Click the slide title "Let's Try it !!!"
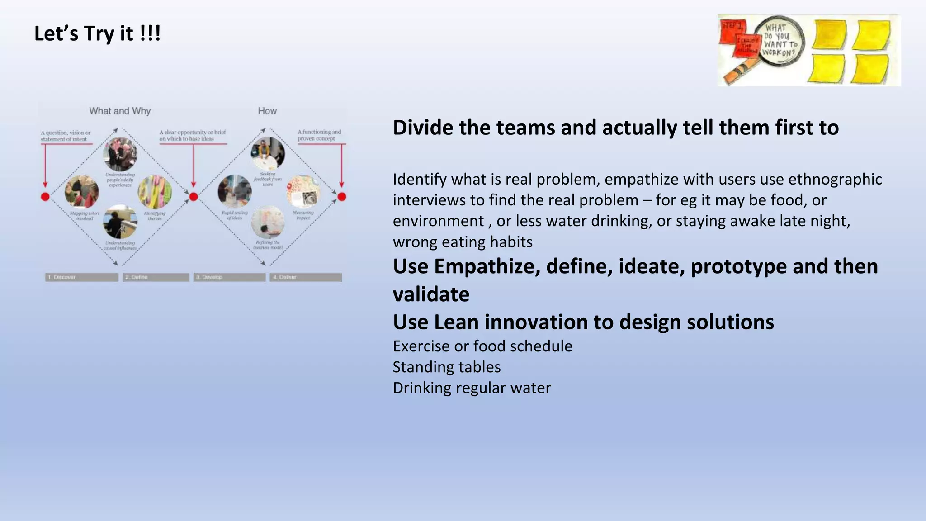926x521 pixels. point(97,34)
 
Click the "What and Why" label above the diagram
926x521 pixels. point(120,111)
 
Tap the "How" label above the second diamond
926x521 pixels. point(267,111)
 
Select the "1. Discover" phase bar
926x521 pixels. point(81,277)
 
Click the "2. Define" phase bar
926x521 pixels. point(156,277)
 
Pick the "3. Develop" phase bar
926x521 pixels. point(229,277)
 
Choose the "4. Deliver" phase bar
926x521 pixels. point(306,277)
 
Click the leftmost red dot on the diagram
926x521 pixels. point(45,197)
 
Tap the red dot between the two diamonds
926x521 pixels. point(194,197)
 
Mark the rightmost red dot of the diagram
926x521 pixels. point(342,197)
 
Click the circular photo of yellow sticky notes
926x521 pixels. point(155,192)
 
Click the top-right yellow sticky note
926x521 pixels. point(872,34)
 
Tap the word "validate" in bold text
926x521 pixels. point(431,294)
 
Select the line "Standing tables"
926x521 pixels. point(446,367)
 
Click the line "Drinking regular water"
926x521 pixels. point(472,388)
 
